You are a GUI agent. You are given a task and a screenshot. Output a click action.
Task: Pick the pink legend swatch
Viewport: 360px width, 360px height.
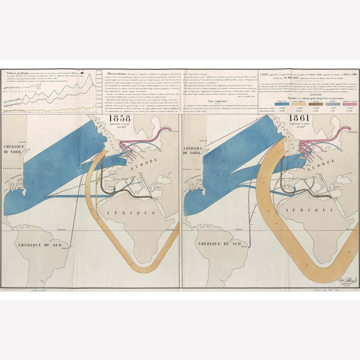pyautogui.click(x=350, y=104)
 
